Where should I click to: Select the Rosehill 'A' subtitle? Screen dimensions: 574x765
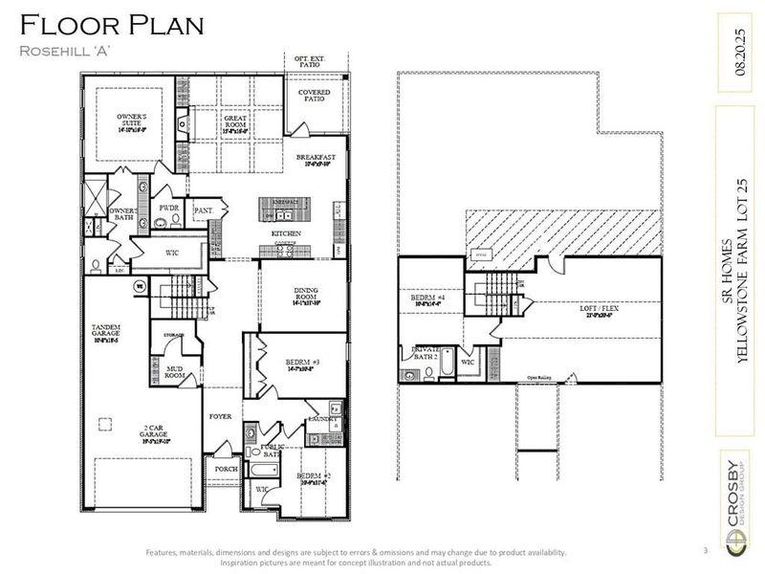pos(67,51)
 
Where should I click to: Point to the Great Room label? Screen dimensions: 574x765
pos(236,121)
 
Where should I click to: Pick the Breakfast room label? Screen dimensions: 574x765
pos(316,159)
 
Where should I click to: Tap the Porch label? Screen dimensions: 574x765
pos(226,469)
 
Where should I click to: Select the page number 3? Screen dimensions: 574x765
pos(704,550)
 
